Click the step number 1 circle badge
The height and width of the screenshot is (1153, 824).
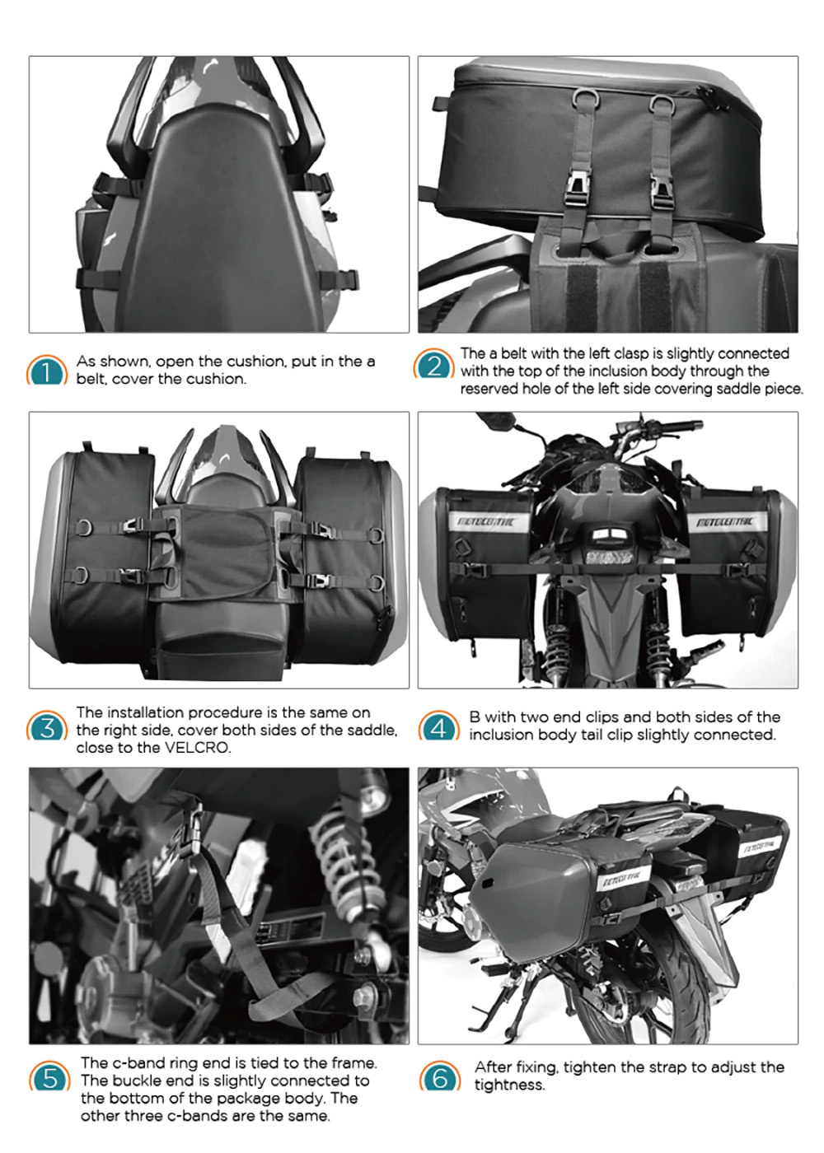point(47,370)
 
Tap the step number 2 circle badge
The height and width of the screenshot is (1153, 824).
point(433,364)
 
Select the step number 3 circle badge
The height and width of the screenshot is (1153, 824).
point(47,726)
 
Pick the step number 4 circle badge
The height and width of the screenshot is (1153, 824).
point(438,726)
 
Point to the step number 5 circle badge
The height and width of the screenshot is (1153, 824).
point(49,1076)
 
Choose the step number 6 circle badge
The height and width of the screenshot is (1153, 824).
point(440,1076)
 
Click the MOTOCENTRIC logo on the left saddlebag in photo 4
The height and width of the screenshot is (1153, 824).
point(485,522)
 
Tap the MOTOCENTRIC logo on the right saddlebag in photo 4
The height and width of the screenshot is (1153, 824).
point(724,523)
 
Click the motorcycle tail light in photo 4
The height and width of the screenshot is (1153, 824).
point(608,544)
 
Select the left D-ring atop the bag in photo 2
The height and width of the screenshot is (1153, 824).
point(584,98)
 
